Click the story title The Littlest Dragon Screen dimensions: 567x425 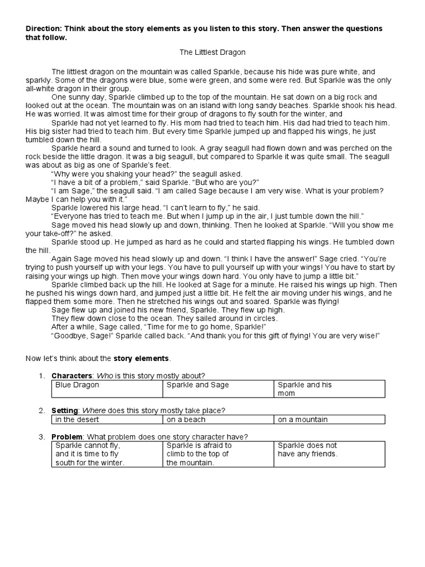coord(212,52)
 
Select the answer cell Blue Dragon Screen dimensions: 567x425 coord(77,385)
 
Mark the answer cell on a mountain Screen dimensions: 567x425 coord(303,419)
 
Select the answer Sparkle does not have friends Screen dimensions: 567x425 coord(307,450)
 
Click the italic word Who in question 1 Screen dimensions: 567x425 coord(101,376)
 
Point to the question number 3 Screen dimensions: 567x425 coord(41,437)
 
